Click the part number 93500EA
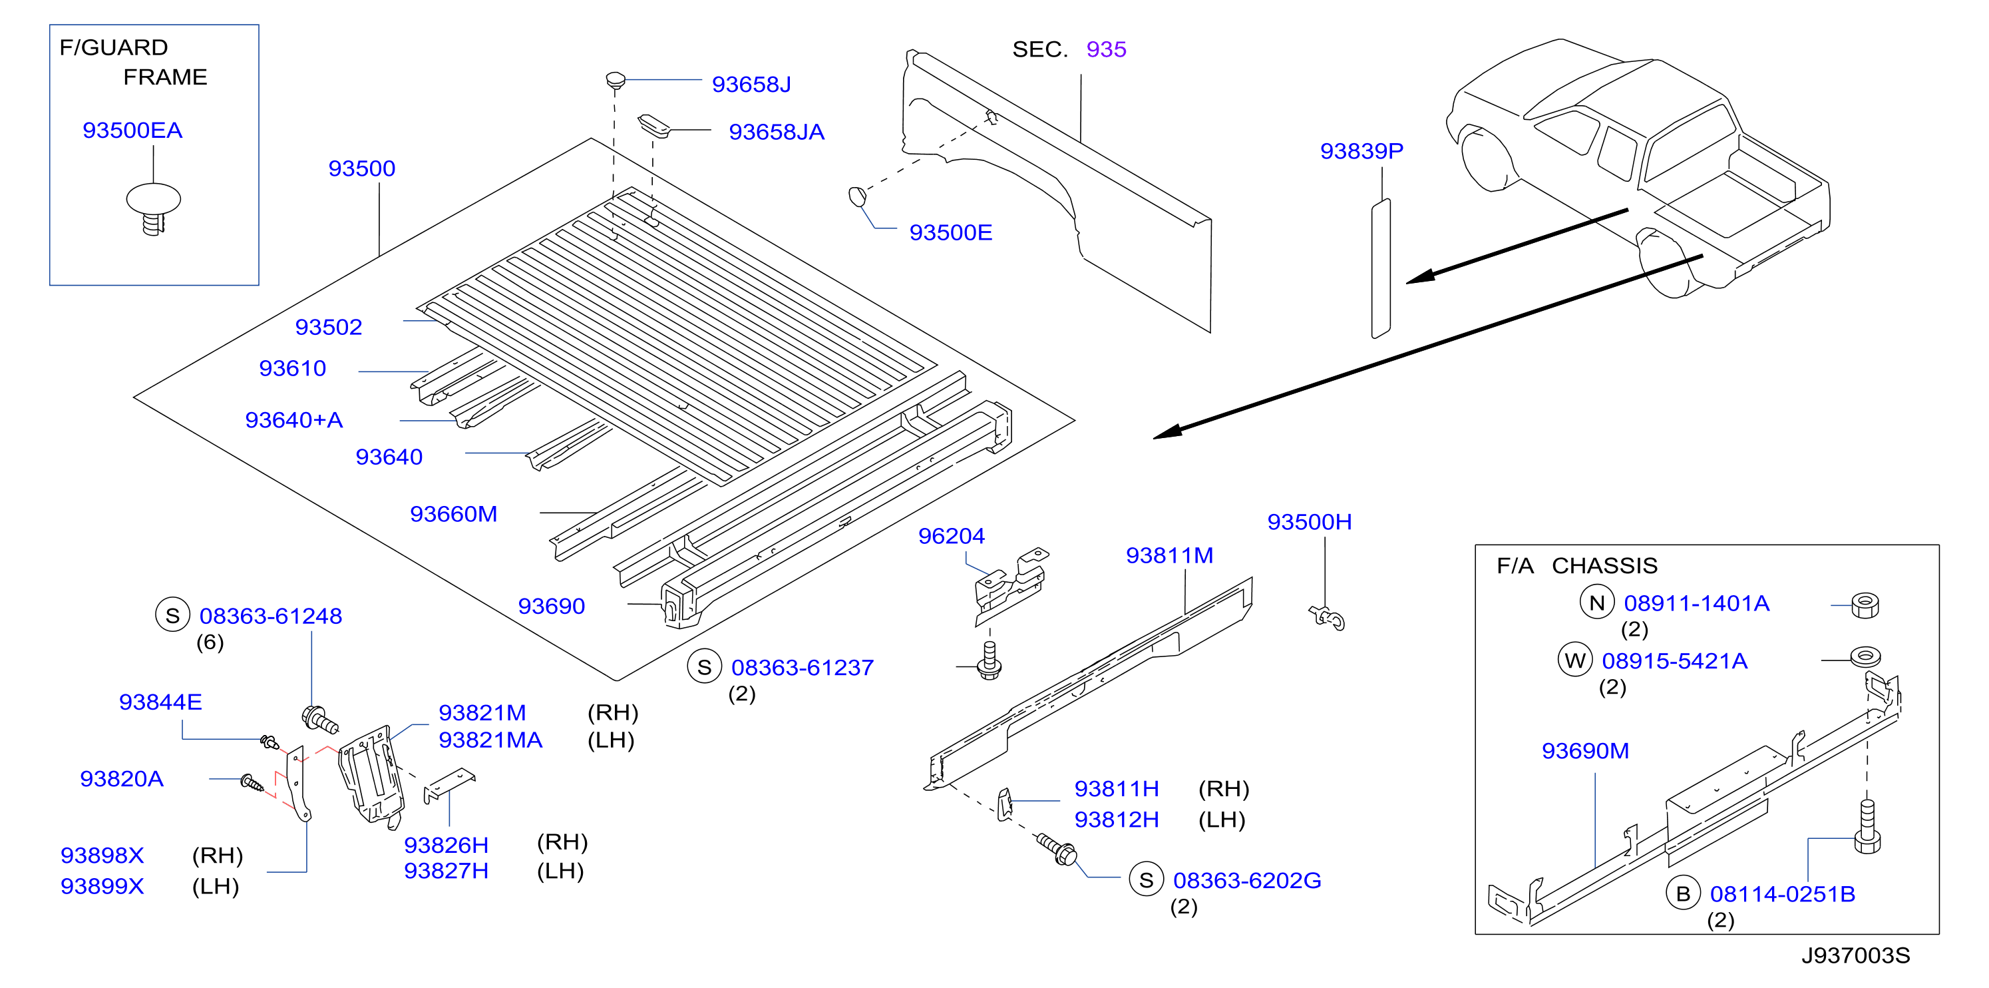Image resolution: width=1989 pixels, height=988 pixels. coord(133,130)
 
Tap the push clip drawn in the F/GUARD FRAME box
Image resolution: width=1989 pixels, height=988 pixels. coord(154,208)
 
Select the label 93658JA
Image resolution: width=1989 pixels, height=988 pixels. coord(777,132)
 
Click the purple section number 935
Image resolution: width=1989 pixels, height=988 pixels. coord(1107,49)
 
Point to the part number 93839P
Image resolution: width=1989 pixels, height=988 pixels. coord(1361,150)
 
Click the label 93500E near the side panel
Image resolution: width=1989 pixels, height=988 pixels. coord(950,232)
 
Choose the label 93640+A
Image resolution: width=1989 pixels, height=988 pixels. coord(294,419)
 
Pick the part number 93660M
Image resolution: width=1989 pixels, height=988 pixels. coord(454,514)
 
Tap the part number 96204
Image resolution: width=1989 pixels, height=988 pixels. coord(952,535)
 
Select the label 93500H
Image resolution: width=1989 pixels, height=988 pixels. coord(1310,522)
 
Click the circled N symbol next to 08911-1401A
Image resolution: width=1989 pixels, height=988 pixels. coord(1598,603)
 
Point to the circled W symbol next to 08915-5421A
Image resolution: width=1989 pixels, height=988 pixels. coord(1575,660)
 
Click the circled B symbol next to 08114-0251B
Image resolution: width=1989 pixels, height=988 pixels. coord(1684,893)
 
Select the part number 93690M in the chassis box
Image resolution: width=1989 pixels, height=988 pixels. coord(1585,751)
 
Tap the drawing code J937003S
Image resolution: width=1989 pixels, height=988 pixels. coord(1856,955)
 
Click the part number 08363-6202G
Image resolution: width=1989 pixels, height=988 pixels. coord(1247,880)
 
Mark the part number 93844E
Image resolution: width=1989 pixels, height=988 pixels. coord(160,702)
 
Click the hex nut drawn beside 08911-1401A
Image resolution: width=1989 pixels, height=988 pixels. coord(1865,605)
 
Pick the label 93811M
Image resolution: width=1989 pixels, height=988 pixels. coord(1170,555)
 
